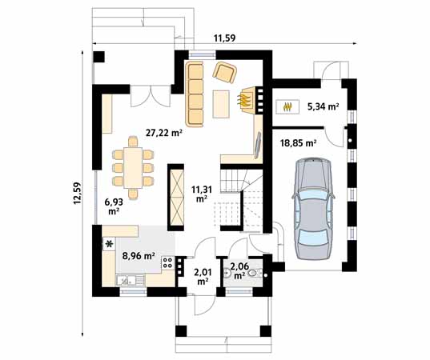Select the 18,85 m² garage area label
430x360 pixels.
point(298,142)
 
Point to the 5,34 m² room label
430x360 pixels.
point(321,106)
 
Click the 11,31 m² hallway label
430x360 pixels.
point(201,194)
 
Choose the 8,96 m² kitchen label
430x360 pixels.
point(138,257)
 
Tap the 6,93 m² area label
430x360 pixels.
point(113,206)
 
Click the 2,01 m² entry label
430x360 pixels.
point(203,276)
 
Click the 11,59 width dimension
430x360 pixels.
point(228,38)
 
